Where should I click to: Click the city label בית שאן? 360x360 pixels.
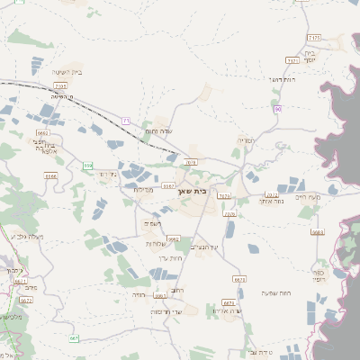coord(206,191)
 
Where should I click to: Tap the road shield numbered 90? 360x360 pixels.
coord(278,109)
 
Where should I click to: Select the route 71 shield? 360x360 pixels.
coord(126,121)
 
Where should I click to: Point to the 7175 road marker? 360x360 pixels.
coord(313,37)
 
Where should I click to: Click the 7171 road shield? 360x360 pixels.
coord(292,60)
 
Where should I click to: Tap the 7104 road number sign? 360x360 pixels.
coord(60,85)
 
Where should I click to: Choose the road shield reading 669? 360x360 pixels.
coord(87,166)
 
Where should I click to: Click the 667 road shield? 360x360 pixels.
coord(74,338)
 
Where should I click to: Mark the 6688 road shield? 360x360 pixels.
coord(317,231)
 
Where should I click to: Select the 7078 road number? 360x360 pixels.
coord(190,162)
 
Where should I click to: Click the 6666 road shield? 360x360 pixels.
coord(50,176)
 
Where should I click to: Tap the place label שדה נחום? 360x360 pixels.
coord(158,133)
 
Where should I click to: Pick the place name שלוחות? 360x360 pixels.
coord(154,244)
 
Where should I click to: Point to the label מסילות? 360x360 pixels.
coord(143,189)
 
